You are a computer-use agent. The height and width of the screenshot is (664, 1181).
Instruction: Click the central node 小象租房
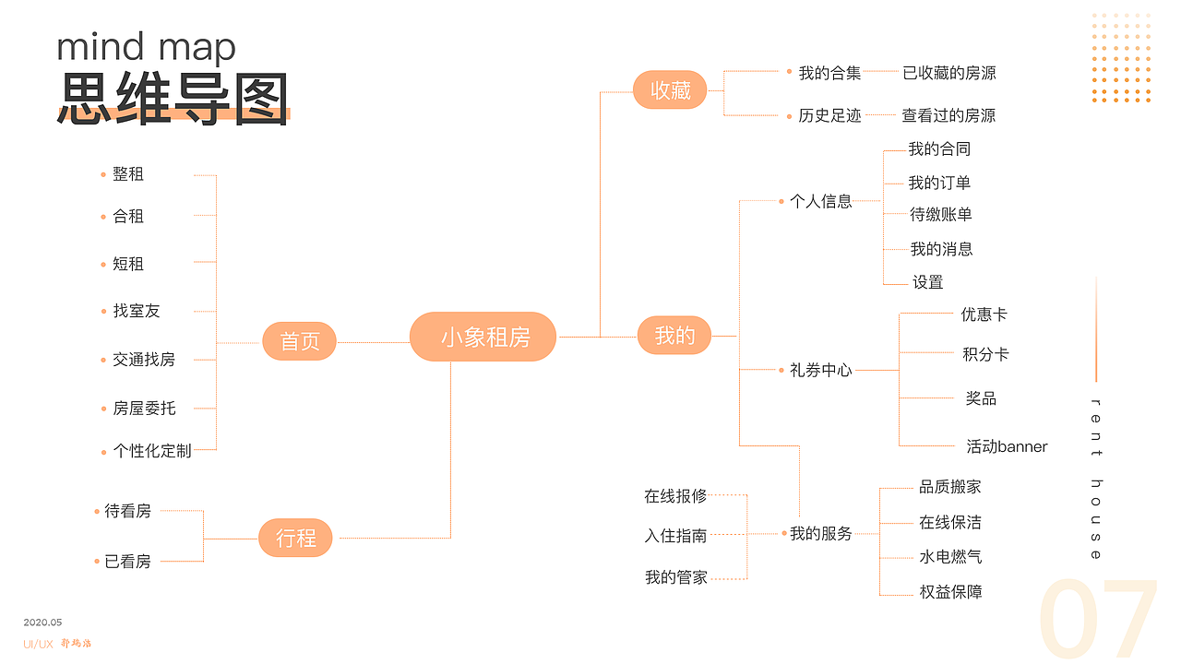click(x=483, y=337)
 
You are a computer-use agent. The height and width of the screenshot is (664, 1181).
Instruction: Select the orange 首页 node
click(x=299, y=341)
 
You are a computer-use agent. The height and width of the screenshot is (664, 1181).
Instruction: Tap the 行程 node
click(x=295, y=538)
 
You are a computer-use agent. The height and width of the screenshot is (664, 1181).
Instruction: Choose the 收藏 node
click(x=670, y=90)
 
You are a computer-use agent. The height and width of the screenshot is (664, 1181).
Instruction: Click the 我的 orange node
click(x=674, y=336)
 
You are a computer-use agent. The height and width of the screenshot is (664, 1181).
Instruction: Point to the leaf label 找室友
click(x=137, y=311)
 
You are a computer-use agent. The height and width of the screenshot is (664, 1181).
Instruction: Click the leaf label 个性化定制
click(x=152, y=451)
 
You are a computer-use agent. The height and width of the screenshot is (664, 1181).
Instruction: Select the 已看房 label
click(x=127, y=561)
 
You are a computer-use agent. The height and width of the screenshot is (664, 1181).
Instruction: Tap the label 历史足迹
click(x=829, y=115)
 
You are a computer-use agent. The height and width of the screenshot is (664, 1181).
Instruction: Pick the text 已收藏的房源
click(x=949, y=73)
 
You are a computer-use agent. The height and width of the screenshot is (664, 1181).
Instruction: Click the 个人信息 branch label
click(x=820, y=201)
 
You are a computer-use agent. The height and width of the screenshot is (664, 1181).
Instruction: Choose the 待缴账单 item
click(x=941, y=214)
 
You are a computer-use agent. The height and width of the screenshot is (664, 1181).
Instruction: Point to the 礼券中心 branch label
click(x=820, y=370)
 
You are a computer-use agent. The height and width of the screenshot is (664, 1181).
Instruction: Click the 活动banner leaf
click(x=1007, y=446)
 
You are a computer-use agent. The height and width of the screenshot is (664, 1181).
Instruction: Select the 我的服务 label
click(x=820, y=533)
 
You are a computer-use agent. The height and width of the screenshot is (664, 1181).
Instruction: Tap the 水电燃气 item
click(x=950, y=557)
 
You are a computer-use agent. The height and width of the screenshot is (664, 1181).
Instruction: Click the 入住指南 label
click(x=675, y=535)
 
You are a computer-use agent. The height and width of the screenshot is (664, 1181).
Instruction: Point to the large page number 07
click(x=1098, y=620)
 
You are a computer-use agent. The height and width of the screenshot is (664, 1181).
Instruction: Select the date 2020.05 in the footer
click(x=42, y=622)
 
